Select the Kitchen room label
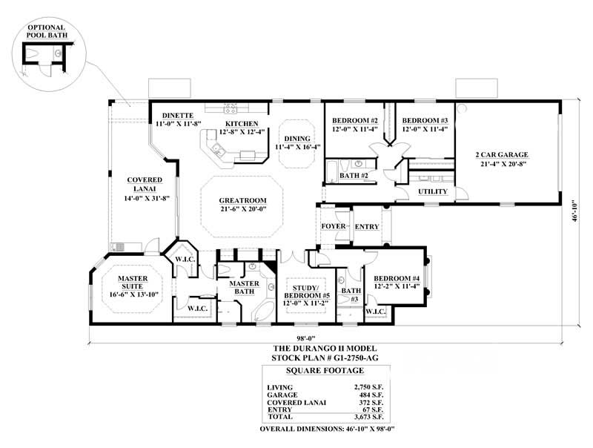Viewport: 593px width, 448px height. click(x=242, y=123)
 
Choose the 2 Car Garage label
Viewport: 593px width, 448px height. click(x=501, y=155)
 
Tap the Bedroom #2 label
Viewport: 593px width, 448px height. click(x=355, y=120)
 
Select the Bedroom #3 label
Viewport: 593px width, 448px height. click(x=425, y=120)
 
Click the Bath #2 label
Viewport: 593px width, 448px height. click(x=354, y=176)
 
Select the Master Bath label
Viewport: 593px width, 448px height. click(x=243, y=283)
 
